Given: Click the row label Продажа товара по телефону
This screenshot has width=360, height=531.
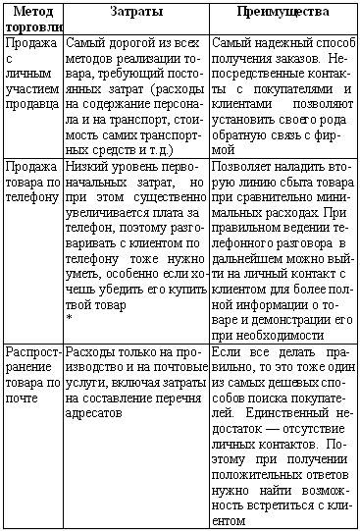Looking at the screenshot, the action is (32, 182).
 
